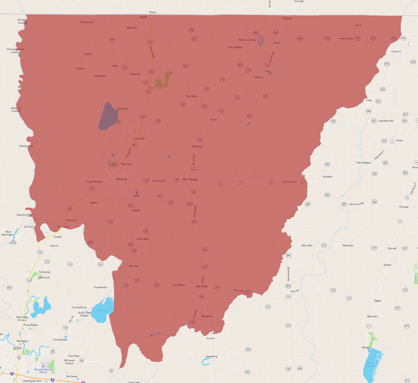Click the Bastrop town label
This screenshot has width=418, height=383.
[121, 179]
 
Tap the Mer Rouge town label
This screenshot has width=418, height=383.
[190, 179]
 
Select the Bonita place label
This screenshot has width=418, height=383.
[259, 77]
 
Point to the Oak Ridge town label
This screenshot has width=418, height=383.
[201, 286]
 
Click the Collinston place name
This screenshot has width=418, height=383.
[143, 239]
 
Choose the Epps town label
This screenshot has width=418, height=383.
[377, 301]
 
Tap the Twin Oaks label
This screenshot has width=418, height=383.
[191, 96]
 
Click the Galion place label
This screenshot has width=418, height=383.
[213, 120]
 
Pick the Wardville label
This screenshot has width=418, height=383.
[123, 109]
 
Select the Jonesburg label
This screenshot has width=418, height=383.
[211, 356]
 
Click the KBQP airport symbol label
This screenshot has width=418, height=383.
[136, 196]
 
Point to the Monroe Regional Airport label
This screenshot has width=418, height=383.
[43, 371]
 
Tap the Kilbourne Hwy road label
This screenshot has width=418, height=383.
[346, 39]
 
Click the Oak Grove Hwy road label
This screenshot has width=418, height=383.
[289, 182]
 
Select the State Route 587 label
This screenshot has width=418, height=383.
[386, 121]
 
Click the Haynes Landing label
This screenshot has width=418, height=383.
[247, 40]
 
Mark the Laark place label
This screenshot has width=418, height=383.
[358, 25]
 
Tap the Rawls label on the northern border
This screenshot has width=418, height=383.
[153, 12]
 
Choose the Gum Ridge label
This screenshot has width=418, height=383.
[178, 285]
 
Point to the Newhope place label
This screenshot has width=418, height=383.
[348, 246]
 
